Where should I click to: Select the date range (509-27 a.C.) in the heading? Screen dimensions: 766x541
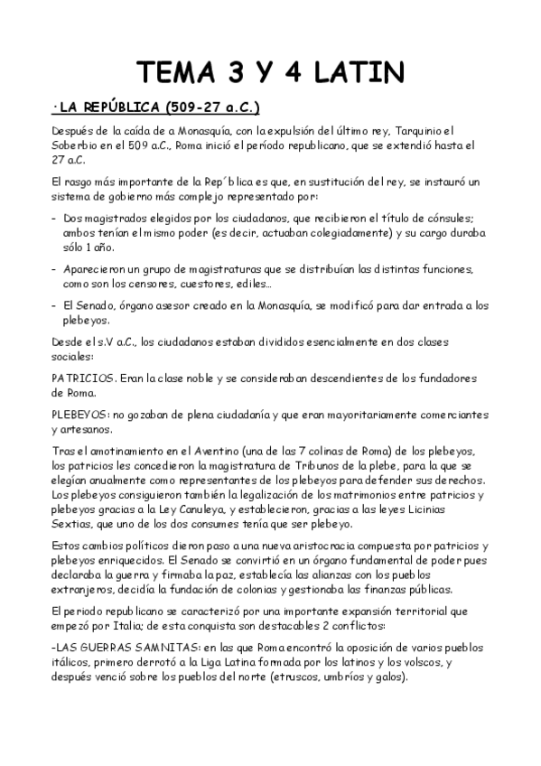(213, 108)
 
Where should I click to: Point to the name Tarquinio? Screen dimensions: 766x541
(434, 132)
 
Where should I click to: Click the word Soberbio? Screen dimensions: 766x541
(79, 145)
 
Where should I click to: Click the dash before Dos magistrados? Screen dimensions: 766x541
(55, 218)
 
